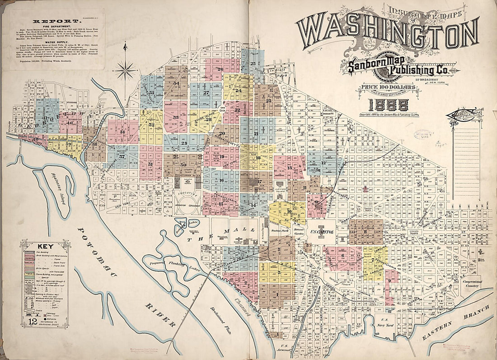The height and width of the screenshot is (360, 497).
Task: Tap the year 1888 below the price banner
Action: pos(389,105)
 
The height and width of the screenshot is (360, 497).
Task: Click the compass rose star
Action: pos(125,70)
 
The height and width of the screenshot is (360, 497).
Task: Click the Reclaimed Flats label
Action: pos(218,313)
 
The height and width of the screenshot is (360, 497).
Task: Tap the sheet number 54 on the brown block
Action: pos(176,84)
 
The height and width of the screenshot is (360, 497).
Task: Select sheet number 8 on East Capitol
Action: pos(365,232)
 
